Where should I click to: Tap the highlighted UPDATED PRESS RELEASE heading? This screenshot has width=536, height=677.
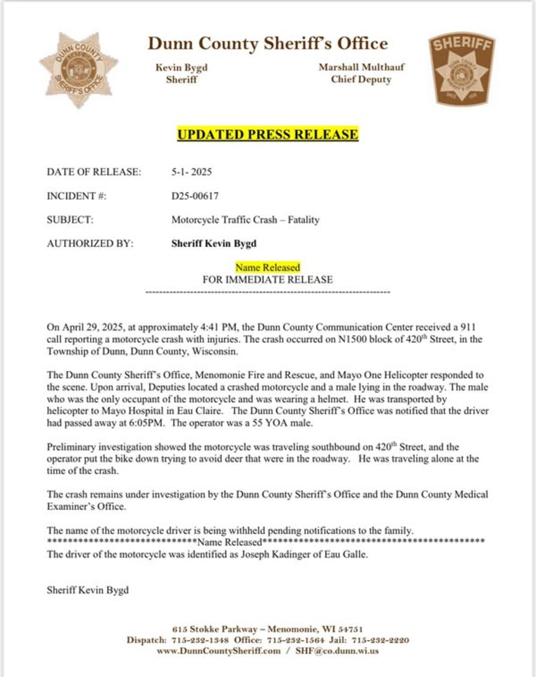click(268, 135)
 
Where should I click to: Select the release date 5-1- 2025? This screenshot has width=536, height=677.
click(191, 172)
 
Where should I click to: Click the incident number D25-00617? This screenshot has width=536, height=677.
click(195, 196)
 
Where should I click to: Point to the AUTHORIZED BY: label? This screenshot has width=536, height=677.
click(90, 244)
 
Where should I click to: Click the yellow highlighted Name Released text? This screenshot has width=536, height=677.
click(268, 267)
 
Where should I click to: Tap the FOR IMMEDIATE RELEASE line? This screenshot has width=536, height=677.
click(268, 279)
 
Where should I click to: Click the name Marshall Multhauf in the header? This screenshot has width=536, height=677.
click(361, 67)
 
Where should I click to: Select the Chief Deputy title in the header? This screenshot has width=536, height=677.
click(361, 79)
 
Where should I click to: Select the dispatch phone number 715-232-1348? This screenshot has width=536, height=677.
click(200, 640)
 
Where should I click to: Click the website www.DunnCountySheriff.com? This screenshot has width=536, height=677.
click(219, 651)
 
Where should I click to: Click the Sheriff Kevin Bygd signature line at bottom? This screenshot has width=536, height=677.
click(87, 590)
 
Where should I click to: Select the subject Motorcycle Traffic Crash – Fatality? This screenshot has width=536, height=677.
click(245, 220)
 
